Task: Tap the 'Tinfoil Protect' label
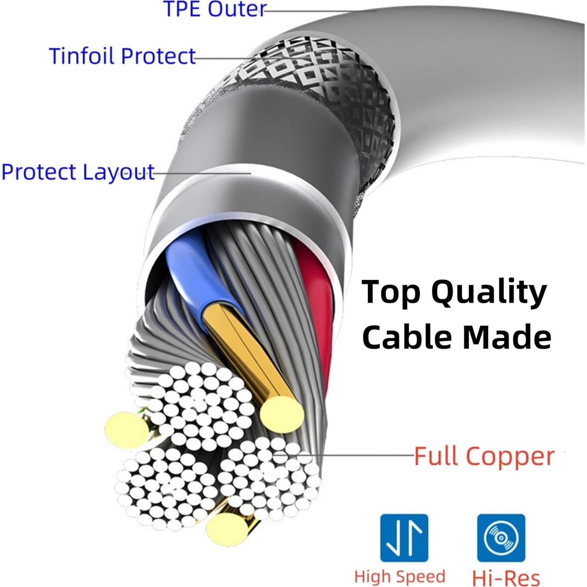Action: click(122, 56)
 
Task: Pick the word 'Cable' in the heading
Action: click(407, 337)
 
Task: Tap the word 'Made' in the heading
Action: click(507, 337)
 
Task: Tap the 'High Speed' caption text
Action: click(400, 576)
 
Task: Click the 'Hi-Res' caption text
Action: click(506, 578)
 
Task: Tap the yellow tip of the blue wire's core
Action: click(282, 414)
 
